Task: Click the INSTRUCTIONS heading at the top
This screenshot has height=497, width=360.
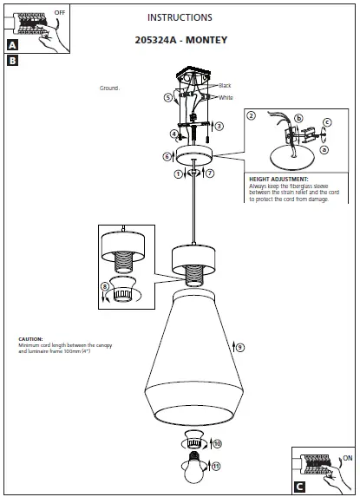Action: [180, 17]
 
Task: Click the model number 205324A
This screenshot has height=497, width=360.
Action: [157, 40]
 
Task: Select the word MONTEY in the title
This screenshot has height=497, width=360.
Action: [206, 40]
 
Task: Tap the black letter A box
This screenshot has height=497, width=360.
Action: [12, 46]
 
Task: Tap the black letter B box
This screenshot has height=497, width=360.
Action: [12, 61]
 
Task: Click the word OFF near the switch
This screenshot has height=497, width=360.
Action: [60, 14]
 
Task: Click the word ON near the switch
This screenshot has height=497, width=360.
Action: [348, 456]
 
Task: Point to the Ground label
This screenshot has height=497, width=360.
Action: [109, 88]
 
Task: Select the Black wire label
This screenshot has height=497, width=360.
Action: [225, 86]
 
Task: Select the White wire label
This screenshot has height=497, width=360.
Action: [226, 97]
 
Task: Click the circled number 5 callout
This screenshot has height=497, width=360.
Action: [167, 98]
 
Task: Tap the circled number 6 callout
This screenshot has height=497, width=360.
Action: [167, 157]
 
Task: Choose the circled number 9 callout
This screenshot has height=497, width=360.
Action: [239, 347]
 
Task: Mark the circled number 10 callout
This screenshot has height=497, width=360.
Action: [217, 443]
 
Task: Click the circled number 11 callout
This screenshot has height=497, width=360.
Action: [216, 466]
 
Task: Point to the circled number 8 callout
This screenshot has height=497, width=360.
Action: [105, 286]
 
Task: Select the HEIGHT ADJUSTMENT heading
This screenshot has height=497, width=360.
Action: [278, 179]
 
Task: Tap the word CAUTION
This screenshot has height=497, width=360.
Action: [30, 339]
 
